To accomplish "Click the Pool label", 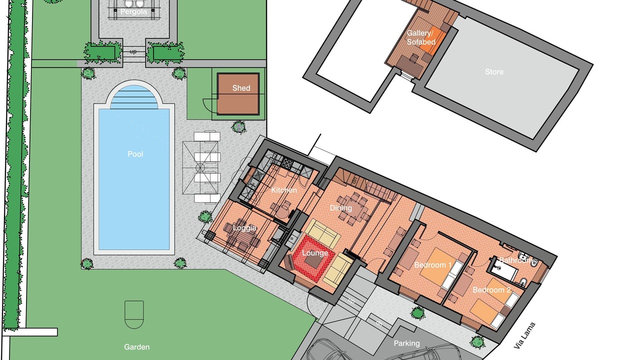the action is pos(135,154).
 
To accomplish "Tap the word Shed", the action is pos(241,88).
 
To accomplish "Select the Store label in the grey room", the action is pos(494,71).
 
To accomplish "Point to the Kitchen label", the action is pos(284,190).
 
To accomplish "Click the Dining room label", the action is pos(341,208).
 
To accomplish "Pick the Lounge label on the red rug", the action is pos(315,253).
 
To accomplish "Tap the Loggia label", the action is pos(244,228).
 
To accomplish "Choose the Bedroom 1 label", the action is pos(433,265).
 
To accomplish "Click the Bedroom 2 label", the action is pos(491,290).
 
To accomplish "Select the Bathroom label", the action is pos(516,260).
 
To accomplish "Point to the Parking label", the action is pos(406,343).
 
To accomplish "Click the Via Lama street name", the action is pos(524,335).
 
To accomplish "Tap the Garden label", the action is pos(136,347).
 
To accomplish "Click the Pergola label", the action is pos(133,11).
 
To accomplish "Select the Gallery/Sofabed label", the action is pos(421,37).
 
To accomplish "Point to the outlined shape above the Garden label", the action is pos(134,314).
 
